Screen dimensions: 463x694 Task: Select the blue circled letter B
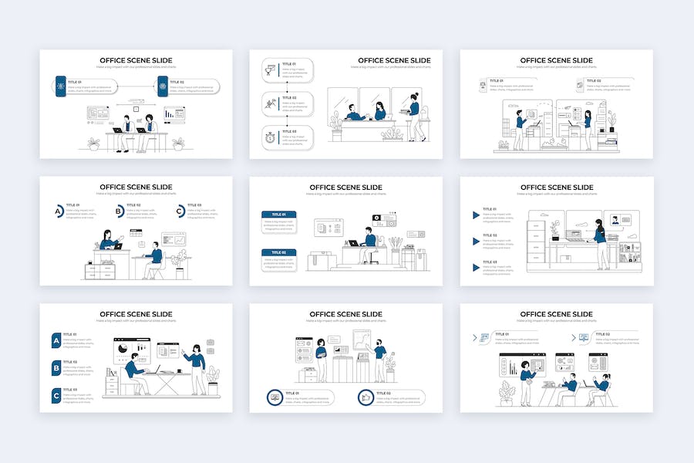120,211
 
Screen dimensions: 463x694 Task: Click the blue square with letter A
56,340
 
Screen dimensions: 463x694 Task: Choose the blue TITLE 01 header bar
278,215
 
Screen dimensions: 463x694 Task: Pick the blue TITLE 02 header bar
278,252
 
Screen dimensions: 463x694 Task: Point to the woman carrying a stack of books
415,116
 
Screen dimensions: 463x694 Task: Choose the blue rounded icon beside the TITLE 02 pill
163,86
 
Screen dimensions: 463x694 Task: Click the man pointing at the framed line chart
379,359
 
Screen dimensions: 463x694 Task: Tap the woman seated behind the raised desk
109,239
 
